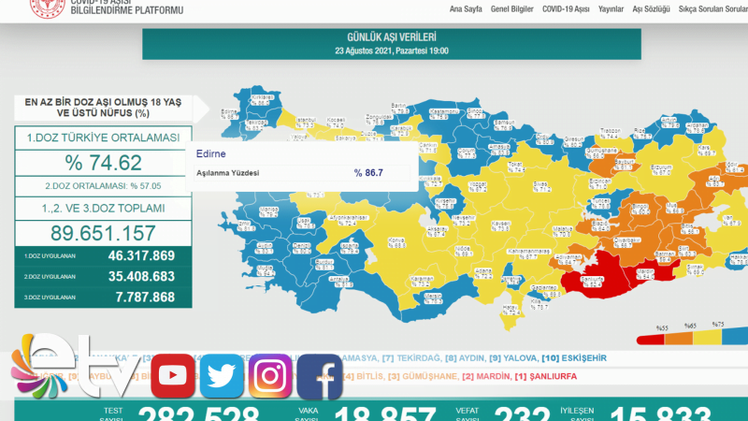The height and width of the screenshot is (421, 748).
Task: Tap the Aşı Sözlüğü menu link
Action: [652, 8]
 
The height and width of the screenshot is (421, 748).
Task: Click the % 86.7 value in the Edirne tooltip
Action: [368, 173]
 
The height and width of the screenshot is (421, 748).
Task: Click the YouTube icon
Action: [172, 376]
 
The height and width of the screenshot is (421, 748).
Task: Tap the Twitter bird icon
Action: [222, 376]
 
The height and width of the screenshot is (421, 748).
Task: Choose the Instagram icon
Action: [270, 376]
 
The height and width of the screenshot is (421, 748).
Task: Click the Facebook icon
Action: [320, 376]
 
